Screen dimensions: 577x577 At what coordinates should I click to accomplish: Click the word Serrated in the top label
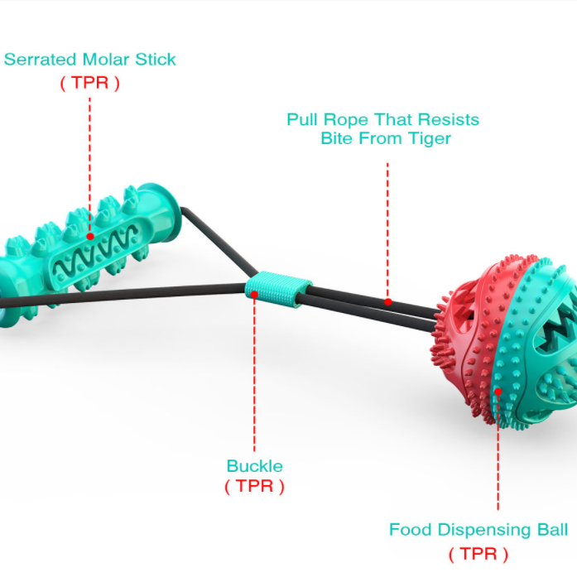[40, 60]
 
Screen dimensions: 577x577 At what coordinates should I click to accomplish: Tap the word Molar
[106, 60]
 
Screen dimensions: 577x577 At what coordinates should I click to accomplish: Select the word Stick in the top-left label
[156, 60]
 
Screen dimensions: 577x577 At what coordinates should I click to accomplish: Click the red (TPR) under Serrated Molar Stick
[90, 83]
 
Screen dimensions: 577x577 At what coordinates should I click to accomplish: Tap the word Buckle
[255, 466]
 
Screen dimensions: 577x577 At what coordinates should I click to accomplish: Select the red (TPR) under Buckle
[255, 487]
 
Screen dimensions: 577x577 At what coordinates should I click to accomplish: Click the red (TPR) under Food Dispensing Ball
[478, 554]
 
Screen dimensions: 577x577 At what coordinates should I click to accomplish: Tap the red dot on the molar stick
[90, 236]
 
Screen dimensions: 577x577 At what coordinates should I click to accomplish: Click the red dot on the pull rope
[388, 302]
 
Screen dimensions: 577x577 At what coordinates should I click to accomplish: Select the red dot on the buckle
[254, 294]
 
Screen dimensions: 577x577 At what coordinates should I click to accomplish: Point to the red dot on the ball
[498, 392]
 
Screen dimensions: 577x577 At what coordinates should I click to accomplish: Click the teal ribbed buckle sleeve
[278, 289]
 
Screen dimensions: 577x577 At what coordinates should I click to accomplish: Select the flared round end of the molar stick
[162, 214]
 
